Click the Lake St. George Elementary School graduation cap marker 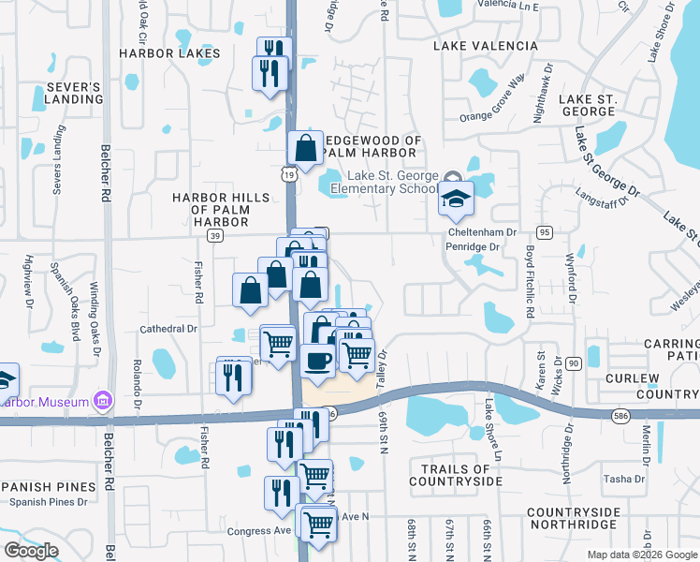tap(456, 199)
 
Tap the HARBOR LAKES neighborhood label tap(169, 53)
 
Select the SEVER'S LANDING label tap(73, 93)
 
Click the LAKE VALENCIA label tap(486, 46)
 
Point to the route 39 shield tap(215, 237)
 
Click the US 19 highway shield tap(291, 174)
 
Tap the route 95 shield tap(544, 232)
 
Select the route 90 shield tap(574, 362)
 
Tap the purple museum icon tap(103, 403)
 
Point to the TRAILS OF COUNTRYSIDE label tap(456, 475)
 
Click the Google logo tap(31, 551)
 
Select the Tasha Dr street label tap(623, 479)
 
